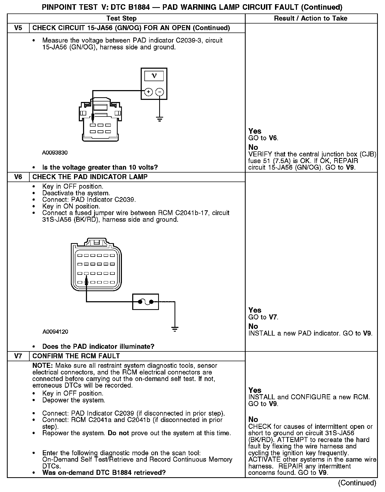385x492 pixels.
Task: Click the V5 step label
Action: [18, 28]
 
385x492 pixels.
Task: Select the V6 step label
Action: [18, 177]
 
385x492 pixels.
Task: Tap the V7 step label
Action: [18, 356]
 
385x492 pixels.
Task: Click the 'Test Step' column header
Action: [121, 18]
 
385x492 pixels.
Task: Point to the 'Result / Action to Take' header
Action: [311, 18]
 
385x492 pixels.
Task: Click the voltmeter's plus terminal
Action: [149, 92]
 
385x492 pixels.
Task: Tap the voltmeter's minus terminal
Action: [159, 92]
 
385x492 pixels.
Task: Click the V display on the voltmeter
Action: [154, 76]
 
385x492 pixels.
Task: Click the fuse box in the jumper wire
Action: [145, 301]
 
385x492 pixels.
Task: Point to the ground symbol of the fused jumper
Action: [175, 329]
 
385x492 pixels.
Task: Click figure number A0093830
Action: [55, 153]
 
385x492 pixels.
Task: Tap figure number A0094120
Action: [55, 332]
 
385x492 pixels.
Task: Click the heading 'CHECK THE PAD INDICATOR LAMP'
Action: [90, 177]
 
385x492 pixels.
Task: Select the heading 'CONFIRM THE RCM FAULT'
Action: [76, 356]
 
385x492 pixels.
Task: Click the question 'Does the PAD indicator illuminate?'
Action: [98, 346]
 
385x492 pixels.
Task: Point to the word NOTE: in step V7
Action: [43, 366]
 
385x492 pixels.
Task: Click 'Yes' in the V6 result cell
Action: [255, 310]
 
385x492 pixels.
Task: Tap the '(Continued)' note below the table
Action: [357, 483]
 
